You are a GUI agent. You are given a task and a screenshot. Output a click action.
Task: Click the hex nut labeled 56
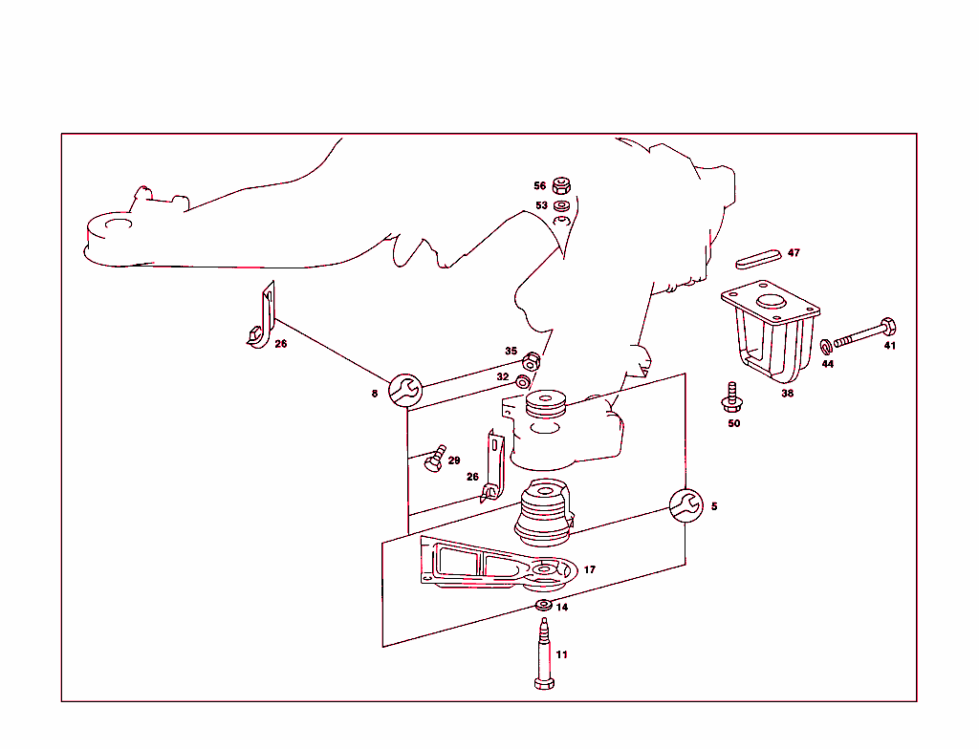coord(562,185)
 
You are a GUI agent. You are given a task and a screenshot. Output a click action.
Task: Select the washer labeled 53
coord(562,204)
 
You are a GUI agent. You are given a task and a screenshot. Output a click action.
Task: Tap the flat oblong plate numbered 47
coord(760,258)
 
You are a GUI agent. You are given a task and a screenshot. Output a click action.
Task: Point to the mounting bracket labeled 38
coord(769,331)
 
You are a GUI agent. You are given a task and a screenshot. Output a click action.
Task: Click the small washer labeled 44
coord(826,346)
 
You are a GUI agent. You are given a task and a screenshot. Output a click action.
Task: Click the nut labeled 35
coord(532,362)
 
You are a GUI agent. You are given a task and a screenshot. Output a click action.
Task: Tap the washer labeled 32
coord(523,382)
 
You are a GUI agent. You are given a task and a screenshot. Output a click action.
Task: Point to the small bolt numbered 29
coord(435,459)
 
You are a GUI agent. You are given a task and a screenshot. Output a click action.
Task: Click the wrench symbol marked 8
coord(404,389)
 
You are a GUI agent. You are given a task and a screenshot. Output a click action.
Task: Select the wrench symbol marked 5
coord(685,505)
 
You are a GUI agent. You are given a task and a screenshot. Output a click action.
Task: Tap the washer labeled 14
coord(543,606)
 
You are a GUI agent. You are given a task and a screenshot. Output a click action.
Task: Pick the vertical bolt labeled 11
coord(543,654)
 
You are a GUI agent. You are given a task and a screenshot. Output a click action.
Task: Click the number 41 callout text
coord(889,346)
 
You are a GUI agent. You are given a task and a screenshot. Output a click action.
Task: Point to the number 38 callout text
coord(787,393)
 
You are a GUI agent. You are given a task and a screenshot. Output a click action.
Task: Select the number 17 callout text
coord(589,569)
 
